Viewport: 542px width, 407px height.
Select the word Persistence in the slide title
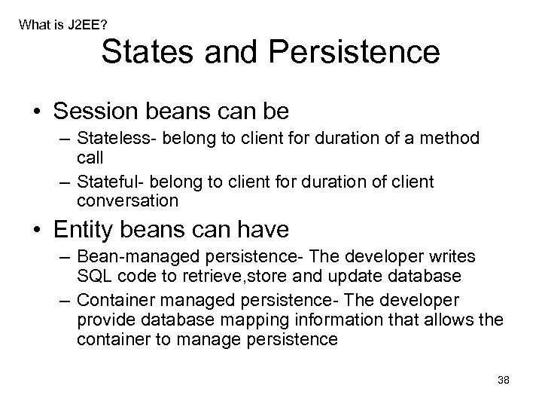coord(355,52)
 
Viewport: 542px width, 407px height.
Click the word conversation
coord(127,200)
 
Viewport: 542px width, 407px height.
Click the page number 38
coord(504,380)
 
